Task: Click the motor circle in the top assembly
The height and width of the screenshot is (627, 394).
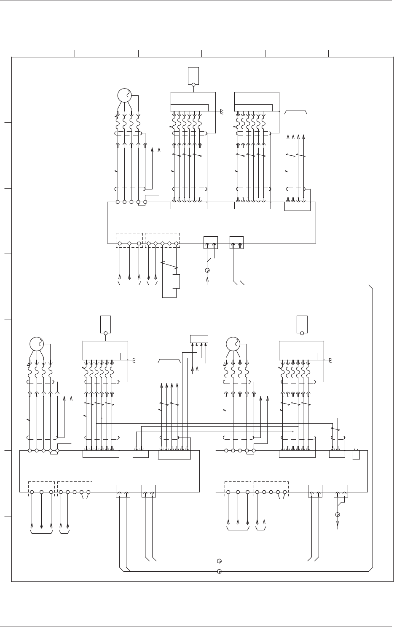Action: [x=125, y=96]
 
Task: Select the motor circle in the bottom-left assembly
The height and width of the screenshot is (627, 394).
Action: [x=37, y=344]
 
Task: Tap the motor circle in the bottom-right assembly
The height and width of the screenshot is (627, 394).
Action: [x=233, y=344]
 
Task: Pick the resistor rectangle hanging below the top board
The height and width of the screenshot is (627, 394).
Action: [x=176, y=281]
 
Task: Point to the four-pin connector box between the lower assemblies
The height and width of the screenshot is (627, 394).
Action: [x=199, y=338]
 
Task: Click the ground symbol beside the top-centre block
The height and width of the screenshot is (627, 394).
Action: [x=222, y=111]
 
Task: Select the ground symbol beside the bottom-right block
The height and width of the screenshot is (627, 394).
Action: [x=331, y=360]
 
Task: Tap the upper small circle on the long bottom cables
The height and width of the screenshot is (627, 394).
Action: [x=219, y=561]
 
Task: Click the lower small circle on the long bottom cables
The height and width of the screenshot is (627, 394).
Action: [x=219, y=572]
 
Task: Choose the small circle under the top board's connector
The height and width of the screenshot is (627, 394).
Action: [x=207, y=270]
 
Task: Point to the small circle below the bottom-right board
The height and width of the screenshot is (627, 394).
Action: [x=338, y=514]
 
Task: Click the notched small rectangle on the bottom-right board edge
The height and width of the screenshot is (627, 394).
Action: [x=356, y=455]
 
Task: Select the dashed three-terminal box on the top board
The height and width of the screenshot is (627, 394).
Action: [x=129, y=240]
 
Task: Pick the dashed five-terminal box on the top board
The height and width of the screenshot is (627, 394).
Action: [x=162, y=240]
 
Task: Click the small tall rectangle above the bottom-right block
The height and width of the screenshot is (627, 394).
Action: [x=302, y=323]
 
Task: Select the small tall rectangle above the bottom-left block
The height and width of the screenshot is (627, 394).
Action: [x=105, y=323]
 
